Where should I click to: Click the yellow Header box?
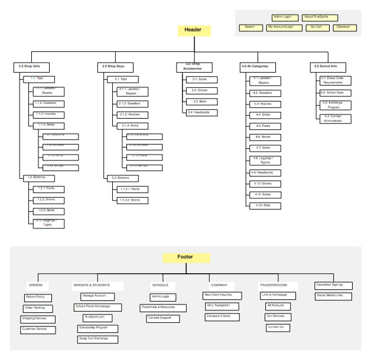(194, 31)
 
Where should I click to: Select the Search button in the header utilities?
(250, 27)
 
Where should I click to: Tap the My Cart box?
(316, 27)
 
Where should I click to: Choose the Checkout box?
(343, 27)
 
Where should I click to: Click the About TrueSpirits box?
(317, 18)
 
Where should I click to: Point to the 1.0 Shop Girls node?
(34, 67)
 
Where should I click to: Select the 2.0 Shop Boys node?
(113, 67)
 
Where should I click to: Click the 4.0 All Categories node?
(256, 67)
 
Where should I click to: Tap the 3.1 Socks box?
(200, 80)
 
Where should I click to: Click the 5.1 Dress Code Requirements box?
(335, 80)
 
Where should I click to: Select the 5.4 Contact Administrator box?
(335, 118)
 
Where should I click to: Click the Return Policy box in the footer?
(38, 297)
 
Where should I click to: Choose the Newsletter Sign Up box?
(333, 285)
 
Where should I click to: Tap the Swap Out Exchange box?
(96, 339)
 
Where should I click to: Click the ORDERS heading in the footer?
(35, 285)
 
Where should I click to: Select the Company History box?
(218, 316)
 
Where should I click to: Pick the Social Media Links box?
(333, 295)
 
